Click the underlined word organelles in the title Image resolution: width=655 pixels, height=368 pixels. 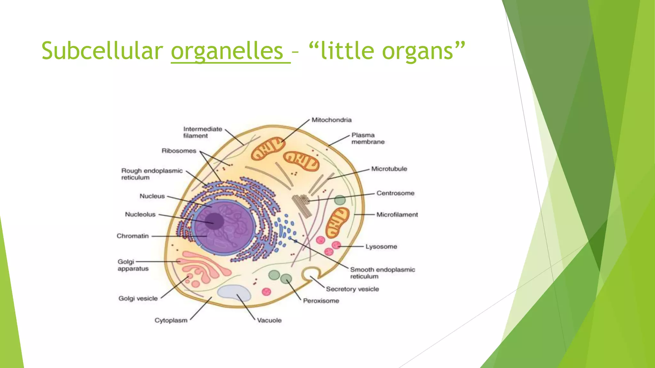tap(227, 51)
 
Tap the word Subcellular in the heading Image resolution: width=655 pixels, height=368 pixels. tap(102, 51)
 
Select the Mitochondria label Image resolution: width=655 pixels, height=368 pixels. tap(331, 120)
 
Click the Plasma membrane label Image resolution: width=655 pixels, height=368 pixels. tap(367, 138)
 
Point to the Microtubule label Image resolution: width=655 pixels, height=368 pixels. tap(389, 169)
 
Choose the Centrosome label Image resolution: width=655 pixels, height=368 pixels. tap(395, 193)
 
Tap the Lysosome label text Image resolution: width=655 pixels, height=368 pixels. tap(381, 247)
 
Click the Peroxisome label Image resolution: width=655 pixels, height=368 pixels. tap(321, 301)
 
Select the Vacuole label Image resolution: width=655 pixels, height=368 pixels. tap(269, 320)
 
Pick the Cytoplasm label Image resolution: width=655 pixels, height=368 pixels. tap(171, 320)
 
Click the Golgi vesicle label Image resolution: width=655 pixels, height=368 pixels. tap(138, 299)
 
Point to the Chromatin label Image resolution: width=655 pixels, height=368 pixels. tap(132, 236)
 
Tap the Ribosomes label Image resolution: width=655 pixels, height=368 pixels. tap(179, 151)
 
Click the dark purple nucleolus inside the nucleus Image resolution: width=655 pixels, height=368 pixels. tap(214, 221)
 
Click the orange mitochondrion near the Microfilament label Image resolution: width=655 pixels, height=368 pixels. tap(337, 222)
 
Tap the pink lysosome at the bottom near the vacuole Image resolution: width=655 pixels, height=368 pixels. tap(266, 292)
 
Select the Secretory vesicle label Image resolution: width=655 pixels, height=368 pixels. tap(352, 289)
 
